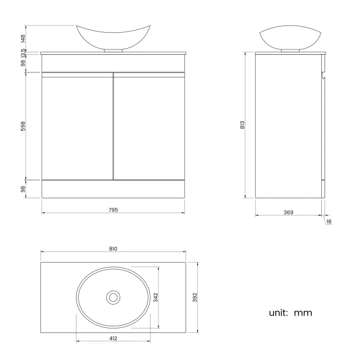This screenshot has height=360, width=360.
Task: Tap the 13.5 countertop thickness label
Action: point(23,54)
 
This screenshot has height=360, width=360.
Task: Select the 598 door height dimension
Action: point(23,126)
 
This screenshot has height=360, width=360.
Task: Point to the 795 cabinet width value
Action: point(114,210)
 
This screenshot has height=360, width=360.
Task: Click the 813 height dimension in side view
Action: point(242,125)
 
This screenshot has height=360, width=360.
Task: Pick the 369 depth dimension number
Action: point(288,212)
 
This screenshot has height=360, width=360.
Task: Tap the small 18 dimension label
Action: point(329,222)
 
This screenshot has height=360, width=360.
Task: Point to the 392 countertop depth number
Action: point(194,297)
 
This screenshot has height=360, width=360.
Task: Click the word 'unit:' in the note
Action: point(279,313)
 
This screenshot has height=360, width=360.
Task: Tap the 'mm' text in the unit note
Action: point(303,313)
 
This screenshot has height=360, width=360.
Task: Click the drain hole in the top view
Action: point(113,297)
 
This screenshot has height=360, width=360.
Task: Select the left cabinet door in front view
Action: point(77,127)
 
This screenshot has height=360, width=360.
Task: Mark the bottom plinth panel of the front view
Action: point(114,189)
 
